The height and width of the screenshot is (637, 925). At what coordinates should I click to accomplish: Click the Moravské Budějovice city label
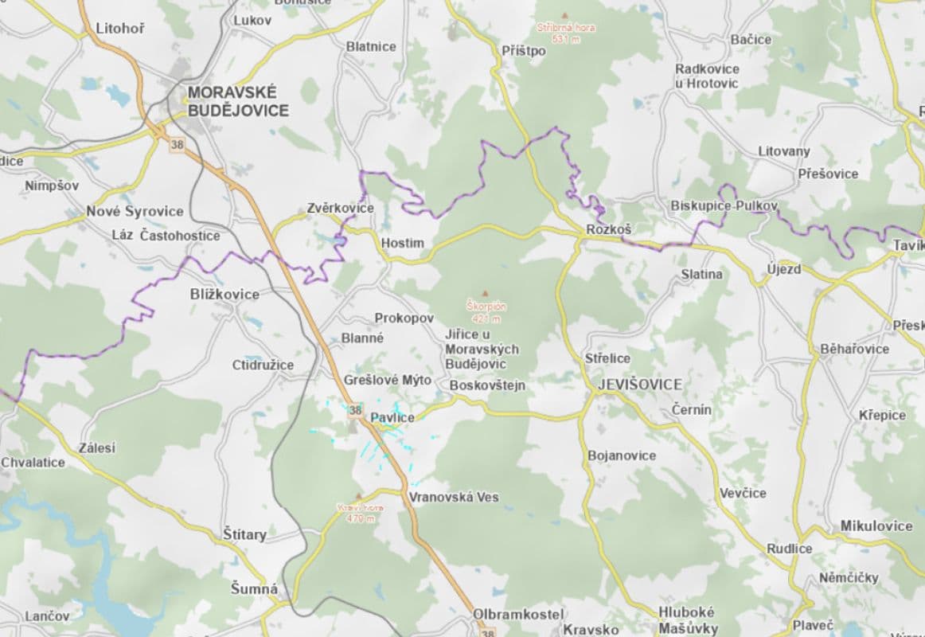coord(238,102)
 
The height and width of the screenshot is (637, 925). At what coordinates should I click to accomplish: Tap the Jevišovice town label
coord(639,385)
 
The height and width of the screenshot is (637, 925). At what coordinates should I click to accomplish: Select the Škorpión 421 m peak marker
coord(485,294)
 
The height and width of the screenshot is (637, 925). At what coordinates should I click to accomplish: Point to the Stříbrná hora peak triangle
coord(565,15)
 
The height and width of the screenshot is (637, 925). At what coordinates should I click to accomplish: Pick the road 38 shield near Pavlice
coord(355,411)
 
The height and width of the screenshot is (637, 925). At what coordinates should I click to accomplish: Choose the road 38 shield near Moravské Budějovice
coord(175,145)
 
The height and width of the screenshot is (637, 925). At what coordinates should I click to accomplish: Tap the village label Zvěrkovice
coord(340,209)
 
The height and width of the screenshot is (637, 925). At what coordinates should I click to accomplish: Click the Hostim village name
coord(403,243)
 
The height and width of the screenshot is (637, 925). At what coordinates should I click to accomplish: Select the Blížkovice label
coord(224,294)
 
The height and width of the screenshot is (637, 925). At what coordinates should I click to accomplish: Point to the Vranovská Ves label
coord(454,497)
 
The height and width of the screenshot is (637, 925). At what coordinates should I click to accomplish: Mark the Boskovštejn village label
coord(488,386)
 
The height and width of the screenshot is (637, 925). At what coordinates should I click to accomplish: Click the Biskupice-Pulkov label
coord(724,205)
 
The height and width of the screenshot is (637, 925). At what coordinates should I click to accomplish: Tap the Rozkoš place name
coord(608,229)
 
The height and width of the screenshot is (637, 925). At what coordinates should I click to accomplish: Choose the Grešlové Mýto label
coord(388,380)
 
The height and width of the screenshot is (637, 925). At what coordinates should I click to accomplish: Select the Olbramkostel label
coord(518,615)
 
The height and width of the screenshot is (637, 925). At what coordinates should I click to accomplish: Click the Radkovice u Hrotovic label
coord(707,76)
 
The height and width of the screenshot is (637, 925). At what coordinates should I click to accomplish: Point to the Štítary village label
coord(244,534)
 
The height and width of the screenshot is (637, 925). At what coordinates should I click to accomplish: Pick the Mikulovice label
coord(876,526)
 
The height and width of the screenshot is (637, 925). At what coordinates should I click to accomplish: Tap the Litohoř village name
coord(120,29)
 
